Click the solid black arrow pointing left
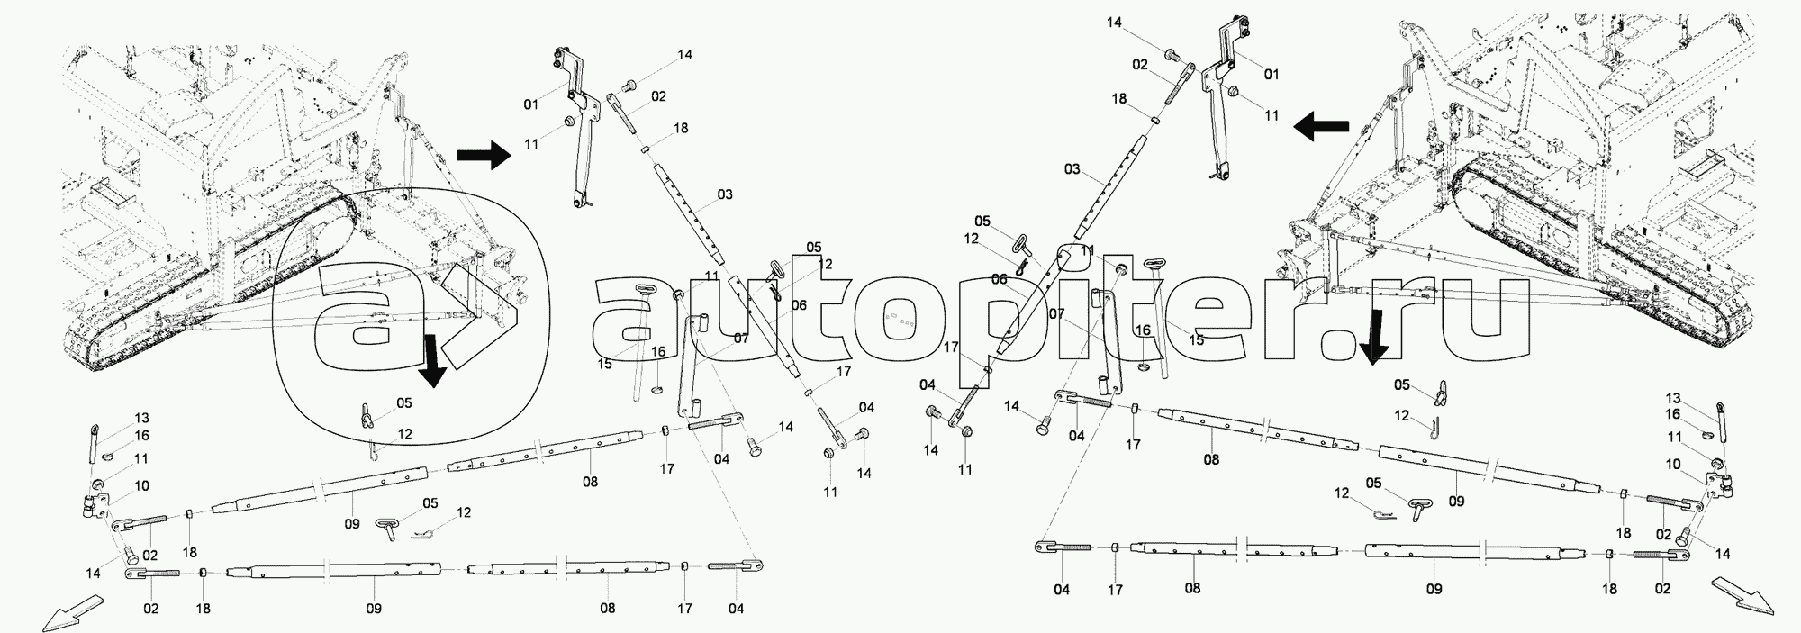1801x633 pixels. pyautogui.click(x=1322, y=128)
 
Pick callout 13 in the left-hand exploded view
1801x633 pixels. pyautogui.click(x=142, y=418)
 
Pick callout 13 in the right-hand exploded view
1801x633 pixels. pyautogui.click(x=1673, y=398)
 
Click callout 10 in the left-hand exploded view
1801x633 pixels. pyautogui.click(x=141, y=486)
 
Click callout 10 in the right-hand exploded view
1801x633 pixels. pyautogui.click(x=1673, y=465)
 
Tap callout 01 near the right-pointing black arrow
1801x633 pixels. pyautogui.click(x=531, y=105)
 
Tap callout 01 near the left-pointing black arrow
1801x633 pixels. pyautogui.click(x=1272, y=74)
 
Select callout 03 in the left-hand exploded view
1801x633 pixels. pyautogui.click(x=724, y=194)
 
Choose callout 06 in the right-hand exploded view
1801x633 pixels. pyautogui.click(x=999, y=280)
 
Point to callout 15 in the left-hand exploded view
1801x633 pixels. pyautogui.click(x=604, y=364)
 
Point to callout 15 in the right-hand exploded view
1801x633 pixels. pyautogui.click(x=1196, y=339)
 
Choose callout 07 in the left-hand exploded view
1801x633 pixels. pyautogui.click(x=740, y=339)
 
